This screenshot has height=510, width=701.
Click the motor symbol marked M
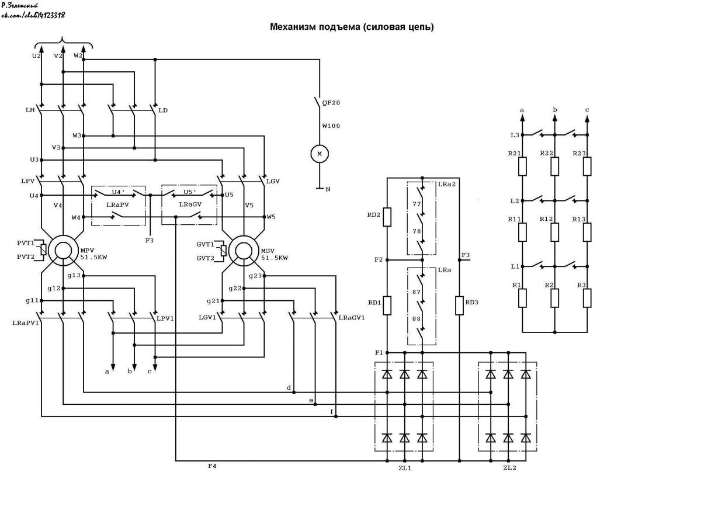(x=320, y=154)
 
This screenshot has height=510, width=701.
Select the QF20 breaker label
(x=331, y=103)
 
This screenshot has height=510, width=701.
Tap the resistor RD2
(x=387, y=217)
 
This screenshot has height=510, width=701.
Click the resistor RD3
(x=459, y=306)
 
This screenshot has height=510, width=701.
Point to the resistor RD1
(x=387, y=306)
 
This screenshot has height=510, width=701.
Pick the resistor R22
(x=554, y=166)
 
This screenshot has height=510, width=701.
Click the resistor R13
(x=587, y=232)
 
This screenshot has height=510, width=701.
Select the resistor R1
(x=522, y=298)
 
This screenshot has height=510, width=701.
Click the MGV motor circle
(x=244, y=251)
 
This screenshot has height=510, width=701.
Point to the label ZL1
(x=405, y=469)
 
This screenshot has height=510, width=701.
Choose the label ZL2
(x=509, y=468)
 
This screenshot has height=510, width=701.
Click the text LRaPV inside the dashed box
(x=117, y=205)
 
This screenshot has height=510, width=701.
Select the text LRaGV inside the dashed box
(x=190, y=204)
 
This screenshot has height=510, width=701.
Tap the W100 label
(x=331, y=126)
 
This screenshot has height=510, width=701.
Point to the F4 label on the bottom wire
(x=212, y=466)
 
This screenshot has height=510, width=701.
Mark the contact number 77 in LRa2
(x=417, y=204)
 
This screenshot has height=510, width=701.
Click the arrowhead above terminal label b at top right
(x=554, y=118)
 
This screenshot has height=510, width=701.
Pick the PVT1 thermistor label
(x=26, y=243)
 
